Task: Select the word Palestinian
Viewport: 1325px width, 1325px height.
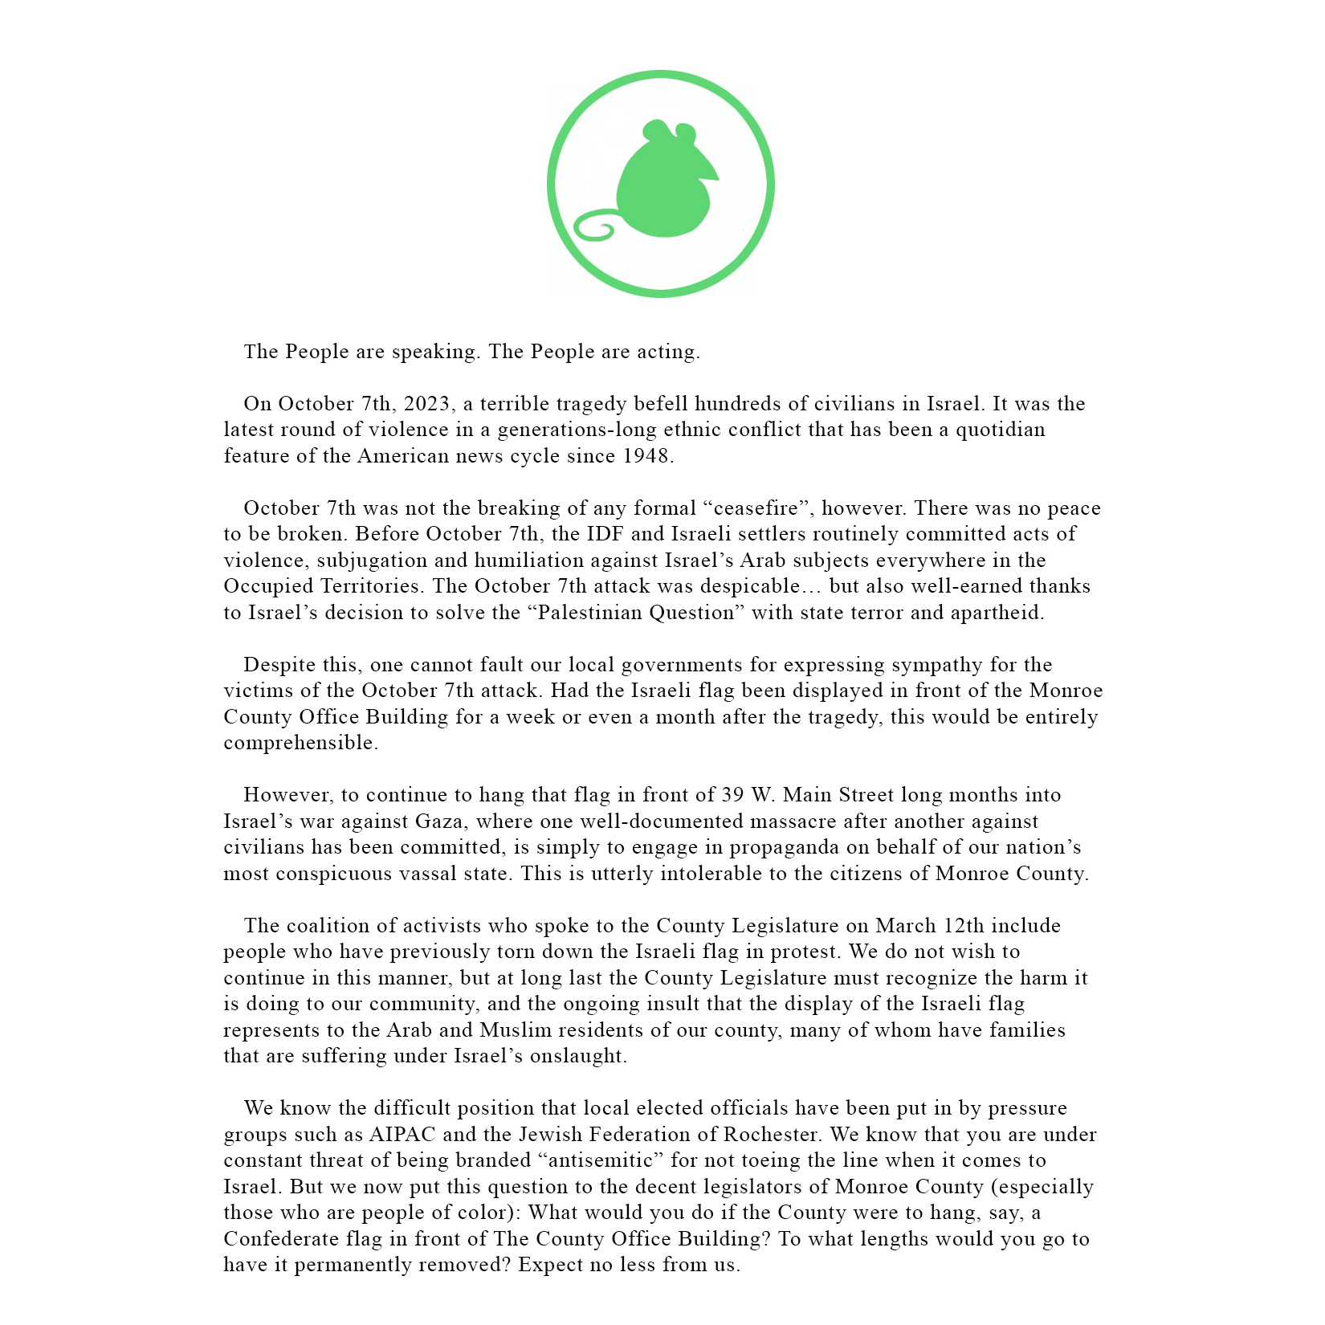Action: pos(589,613)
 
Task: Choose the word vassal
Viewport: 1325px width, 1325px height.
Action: pos(427,874)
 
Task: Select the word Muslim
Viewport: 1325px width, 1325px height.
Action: pos(516,1030)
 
